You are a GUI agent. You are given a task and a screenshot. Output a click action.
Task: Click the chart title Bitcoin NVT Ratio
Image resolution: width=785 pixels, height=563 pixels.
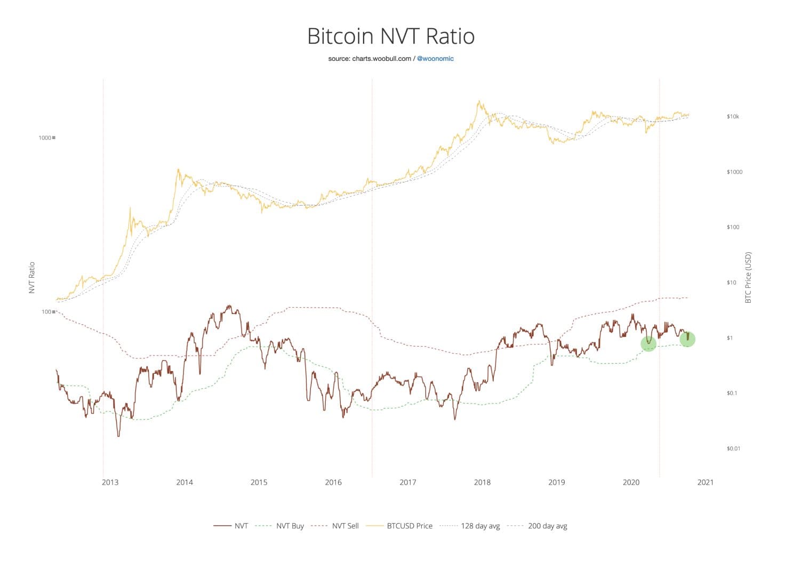[x=391, y=36]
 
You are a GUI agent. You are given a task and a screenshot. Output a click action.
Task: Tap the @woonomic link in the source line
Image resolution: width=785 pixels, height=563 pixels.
[x=435, y=59]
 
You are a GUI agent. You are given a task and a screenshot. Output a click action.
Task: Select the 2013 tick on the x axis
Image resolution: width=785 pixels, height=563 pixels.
[x=110, y=482]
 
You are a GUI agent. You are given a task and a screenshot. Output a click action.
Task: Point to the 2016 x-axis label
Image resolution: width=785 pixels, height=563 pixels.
[x=333, y=482]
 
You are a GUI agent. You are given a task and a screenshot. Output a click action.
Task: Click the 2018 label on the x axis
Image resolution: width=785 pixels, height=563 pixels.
[x=482, y=482]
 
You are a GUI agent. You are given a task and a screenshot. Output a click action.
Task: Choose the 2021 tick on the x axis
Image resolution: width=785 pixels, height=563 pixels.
[x=705, y=482]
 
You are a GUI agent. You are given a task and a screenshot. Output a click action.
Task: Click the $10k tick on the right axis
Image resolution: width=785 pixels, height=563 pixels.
[x=733, y=116]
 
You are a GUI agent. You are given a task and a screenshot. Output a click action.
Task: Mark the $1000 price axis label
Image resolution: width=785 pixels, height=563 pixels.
[x=734, y=172]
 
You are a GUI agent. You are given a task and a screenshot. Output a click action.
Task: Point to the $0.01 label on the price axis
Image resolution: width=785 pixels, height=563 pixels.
[x=733, y=448]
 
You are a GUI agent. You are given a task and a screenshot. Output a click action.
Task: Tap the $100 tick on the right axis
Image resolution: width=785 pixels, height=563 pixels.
[x=733, y=227]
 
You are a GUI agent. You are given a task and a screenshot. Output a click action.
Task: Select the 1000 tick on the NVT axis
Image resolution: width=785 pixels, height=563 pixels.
[x=45, y=138]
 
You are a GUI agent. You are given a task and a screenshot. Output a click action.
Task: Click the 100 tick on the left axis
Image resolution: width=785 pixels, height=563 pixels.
[x=46, y=312]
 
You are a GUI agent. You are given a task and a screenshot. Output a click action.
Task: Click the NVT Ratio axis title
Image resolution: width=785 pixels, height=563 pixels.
[x=32, y=278]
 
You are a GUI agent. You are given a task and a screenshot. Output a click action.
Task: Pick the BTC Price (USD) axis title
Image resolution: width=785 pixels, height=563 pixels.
[x=748, y=278]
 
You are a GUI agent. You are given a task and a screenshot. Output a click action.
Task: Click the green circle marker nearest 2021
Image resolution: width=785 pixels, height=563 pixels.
[x=687, y=339]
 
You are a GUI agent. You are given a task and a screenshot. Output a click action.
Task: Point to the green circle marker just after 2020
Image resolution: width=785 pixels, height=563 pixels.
[x=648, y=344]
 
